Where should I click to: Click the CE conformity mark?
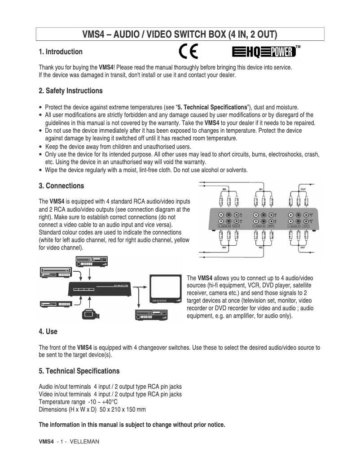coord(188,52)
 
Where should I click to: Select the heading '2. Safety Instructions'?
coord(70,91)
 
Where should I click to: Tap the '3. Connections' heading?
coord(61,186)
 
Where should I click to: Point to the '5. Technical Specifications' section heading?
coord(79,371)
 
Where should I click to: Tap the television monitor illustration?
coord(164,290)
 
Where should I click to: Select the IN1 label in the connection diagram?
coord(261,189)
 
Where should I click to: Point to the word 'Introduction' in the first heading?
coord(64,52)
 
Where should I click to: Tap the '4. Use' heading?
coord(48,332)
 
